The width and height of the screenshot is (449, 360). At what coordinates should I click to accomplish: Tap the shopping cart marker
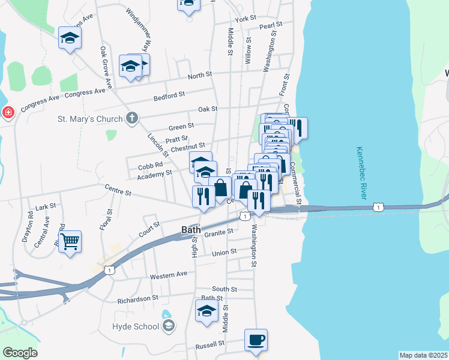pyautogui.click(x=70, y=242)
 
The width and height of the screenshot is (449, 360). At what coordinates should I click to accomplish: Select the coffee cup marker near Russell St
pyautogui.click(x=256, y=340)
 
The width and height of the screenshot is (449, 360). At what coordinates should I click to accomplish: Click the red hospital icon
pyautogui.click(x=8, y=112)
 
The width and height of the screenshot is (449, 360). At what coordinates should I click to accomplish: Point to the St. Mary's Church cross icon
pyautogui.click(x=132, y=119)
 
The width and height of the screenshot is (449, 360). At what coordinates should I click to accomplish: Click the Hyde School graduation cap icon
pyautogui.click(x=169, y=326)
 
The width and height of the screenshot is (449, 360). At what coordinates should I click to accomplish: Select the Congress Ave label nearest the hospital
pyautogui.click(x=40, y=103)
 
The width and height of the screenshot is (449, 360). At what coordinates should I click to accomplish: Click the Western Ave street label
pyautogui.click(x=169, y=274)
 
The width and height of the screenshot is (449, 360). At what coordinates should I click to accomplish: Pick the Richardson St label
pyautogui.click(x=137, y=298)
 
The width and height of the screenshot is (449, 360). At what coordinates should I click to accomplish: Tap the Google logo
pyautogui.click(x=20, y=353)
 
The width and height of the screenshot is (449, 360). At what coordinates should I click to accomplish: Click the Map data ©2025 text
pyautogui.click(x=423, y=355)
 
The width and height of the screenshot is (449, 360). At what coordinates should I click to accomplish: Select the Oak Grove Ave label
pyautogui.click(x=107, y=68)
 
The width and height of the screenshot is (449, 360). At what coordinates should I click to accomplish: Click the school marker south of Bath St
pyautogui.click(x=206, y=311)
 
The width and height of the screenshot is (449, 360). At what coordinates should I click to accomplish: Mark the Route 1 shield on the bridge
pyautogui.click(x=377, y=207)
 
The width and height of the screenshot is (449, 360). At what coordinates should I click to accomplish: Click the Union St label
pyautogui.click(x=224, y=253)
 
